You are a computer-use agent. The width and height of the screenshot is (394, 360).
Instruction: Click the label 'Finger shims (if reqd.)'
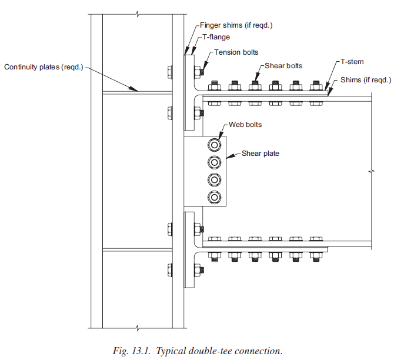[236, 25]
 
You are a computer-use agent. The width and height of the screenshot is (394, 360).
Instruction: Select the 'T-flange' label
[217, 37]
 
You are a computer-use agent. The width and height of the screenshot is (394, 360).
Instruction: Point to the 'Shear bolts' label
[283, 66]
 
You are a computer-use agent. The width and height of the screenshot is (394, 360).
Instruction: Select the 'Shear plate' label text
[261, 154]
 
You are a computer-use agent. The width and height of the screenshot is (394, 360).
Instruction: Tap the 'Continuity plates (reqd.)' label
[44, 67]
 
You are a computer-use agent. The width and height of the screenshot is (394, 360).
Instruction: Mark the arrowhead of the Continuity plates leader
[137, 91]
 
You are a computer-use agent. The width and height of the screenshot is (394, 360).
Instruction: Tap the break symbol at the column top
[137, 12]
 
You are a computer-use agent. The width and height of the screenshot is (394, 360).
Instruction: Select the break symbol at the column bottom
[137, 328]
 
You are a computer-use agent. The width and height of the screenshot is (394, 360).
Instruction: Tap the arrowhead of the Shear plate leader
[228, 158]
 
